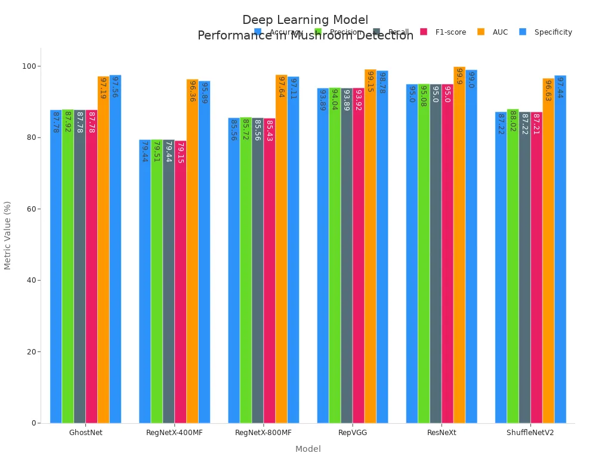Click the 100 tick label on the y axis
tap(27, 66)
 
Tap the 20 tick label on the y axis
tap(30, 351)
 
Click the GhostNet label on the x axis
tap(85, 433)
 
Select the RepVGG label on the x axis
tap(352, 433)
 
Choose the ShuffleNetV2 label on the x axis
tap(530, 433)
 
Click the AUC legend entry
tap(500, 32)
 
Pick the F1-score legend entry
tap(450, 32)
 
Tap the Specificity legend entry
tap(553, 32)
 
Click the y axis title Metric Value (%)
tap(8, 235)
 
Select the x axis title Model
tap(308, 449)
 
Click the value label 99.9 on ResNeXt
tap(459, 76)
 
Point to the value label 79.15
tap(180, 152)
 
